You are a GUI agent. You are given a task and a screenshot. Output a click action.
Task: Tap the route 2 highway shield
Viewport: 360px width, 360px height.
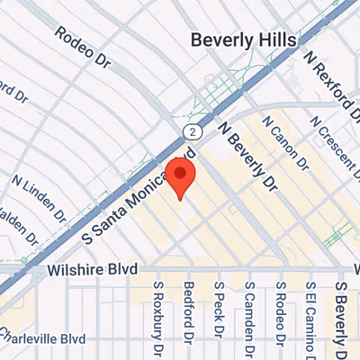tap(191, 132)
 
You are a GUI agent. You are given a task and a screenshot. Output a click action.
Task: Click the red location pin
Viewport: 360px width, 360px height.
tap(182, 176)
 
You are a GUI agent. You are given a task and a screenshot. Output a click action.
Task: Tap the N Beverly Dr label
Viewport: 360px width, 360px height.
tap(248, 158)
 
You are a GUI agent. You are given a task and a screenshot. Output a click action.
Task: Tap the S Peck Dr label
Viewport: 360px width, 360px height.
tap(219, 310)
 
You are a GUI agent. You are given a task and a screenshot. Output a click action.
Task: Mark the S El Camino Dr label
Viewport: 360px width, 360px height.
tap(310, 319)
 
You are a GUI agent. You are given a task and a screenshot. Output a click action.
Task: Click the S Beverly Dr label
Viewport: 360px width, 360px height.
tap(342, 315)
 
